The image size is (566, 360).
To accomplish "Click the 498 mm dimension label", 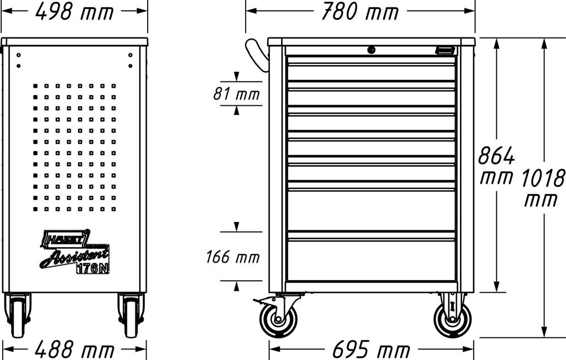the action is pos(74,11).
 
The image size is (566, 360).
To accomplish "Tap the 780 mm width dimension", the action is pos(360,11).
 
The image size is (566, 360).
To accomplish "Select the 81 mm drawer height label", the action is pos(237,94).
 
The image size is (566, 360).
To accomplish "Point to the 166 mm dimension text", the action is pos(233,257).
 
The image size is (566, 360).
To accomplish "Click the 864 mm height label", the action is pos(496,166).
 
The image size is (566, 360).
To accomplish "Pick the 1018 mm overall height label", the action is pos(543,188).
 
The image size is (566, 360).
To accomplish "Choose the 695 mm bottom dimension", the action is pos(371,349).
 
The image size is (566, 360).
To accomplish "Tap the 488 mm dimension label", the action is pos(74,349).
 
